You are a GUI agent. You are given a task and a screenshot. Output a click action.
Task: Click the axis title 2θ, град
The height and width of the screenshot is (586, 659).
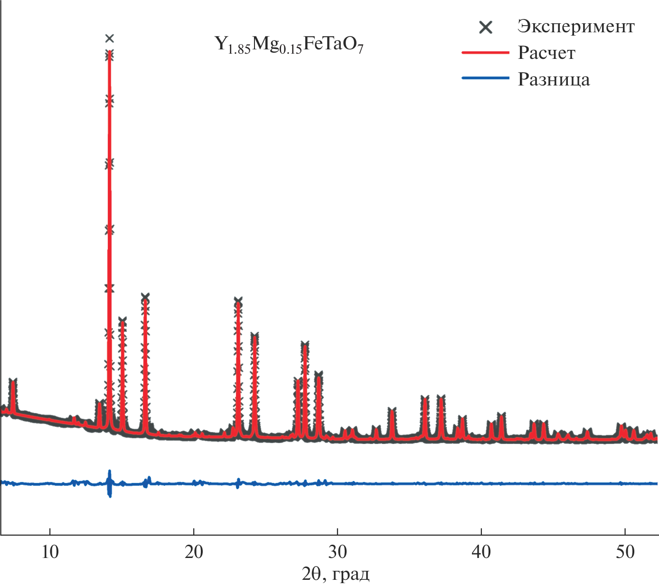[336, 574]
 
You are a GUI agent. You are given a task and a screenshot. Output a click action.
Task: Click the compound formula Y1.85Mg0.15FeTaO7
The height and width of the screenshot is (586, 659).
[289, 45]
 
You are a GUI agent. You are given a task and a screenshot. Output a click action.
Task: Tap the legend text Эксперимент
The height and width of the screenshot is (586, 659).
[575, 27]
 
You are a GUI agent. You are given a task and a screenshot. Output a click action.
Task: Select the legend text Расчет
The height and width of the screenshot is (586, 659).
[546, 53]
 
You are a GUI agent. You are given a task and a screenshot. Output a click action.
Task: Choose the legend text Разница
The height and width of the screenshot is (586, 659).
[554, 79]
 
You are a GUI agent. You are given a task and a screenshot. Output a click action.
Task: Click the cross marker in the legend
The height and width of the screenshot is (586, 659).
[486, 28]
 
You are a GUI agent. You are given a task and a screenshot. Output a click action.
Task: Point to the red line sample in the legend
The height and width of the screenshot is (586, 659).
[485, 53]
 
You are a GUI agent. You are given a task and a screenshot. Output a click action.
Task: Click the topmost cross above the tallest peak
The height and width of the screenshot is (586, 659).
[110, 38]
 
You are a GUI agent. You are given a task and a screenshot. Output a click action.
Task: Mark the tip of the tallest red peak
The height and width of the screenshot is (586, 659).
[110, 51]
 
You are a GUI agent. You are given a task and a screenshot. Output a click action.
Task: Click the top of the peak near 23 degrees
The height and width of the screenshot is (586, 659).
[238, 301]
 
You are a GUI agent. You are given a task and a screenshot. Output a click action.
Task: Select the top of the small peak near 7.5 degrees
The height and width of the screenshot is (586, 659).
[13, 381]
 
